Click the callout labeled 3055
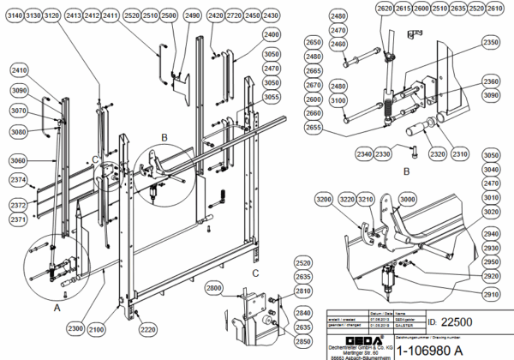pyautogui.click(x=272, y=97)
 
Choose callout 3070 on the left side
pyautogui.click(x=19, y=111)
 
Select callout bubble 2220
pyautogui.click(x=148, y=329)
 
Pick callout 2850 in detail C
pyautogui.click(x=302, y=341)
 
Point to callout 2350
pyautogui.click(x=490, y=41)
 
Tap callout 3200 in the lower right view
pyautogui.click(x=324, y=199)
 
